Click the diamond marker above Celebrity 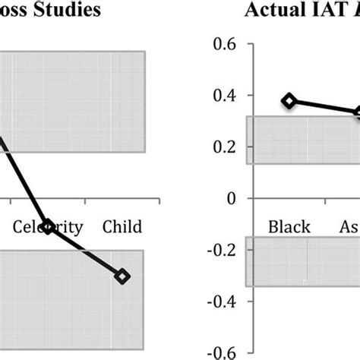[48, 226]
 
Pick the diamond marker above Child [122, 276]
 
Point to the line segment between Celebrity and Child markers [85, 251]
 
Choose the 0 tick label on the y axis [230, 198]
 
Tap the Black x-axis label [289, 227]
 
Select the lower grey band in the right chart [304, 261]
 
